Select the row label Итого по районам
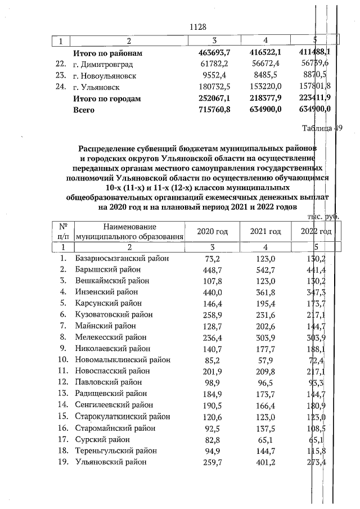coord(107,53)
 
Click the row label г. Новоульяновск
coord(105,75)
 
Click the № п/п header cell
coord(63,232)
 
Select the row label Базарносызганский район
coord(121,258)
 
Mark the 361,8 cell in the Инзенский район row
coord(265,292)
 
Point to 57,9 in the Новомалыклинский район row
coord(268,359)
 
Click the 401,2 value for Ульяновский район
coord(265,462)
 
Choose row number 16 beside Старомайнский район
coord(63,428)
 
